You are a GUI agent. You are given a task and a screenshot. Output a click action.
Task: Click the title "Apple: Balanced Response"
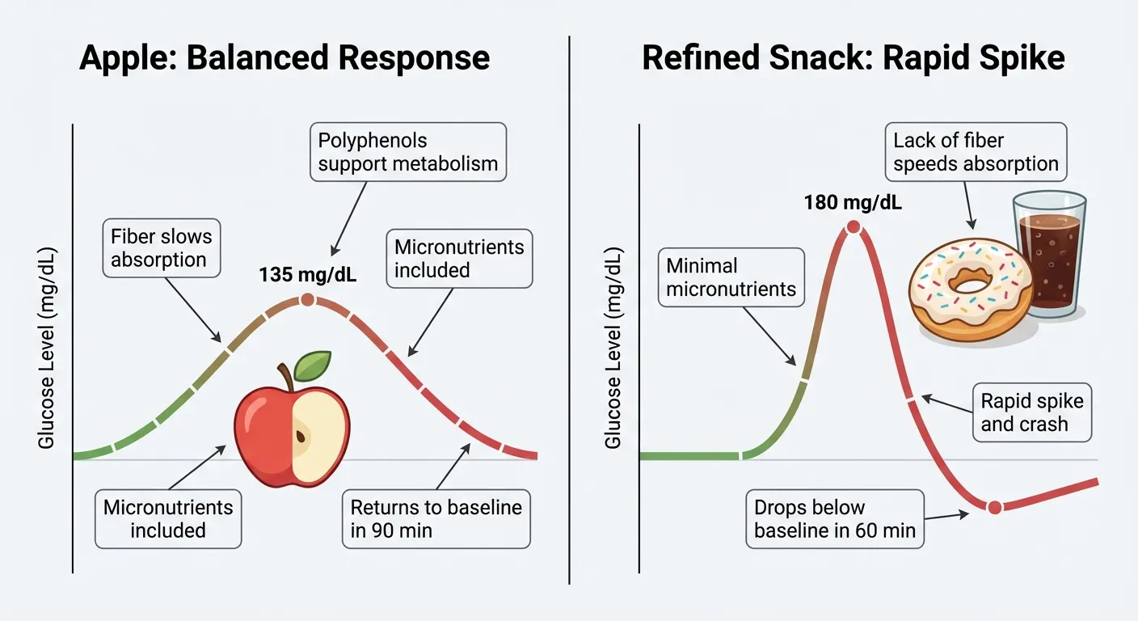(284, 58)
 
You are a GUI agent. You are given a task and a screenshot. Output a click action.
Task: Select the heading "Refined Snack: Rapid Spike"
(853, 58)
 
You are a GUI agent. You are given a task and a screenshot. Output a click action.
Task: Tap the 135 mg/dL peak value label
(308, 275)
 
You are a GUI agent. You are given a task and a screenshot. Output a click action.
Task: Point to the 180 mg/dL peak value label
(853, 202)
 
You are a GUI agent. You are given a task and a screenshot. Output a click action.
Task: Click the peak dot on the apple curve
(306, 300)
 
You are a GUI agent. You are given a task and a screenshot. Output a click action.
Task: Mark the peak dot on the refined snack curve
(852, 227)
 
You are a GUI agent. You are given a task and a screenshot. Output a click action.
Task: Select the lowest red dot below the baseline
(994, 507)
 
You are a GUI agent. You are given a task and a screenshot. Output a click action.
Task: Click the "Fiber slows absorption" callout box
(162, 248)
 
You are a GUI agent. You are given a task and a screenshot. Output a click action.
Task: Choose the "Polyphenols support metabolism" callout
(407, 152)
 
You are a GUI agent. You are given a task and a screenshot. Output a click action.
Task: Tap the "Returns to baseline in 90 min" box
(436, 519)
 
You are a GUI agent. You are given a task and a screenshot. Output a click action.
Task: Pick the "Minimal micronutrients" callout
(731, 277)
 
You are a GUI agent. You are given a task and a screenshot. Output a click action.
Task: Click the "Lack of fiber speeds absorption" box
(976, 152)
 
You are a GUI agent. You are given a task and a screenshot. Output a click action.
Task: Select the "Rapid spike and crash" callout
(1031, 412)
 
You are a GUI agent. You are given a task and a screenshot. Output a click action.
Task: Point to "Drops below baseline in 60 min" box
(835, 519)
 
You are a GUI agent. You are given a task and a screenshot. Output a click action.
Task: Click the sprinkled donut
(970, 287)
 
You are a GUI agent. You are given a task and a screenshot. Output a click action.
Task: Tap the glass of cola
(1049, 255)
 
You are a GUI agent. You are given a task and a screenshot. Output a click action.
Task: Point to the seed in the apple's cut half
(301, 437)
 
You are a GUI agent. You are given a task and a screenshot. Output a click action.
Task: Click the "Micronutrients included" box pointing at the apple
(168, 519)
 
